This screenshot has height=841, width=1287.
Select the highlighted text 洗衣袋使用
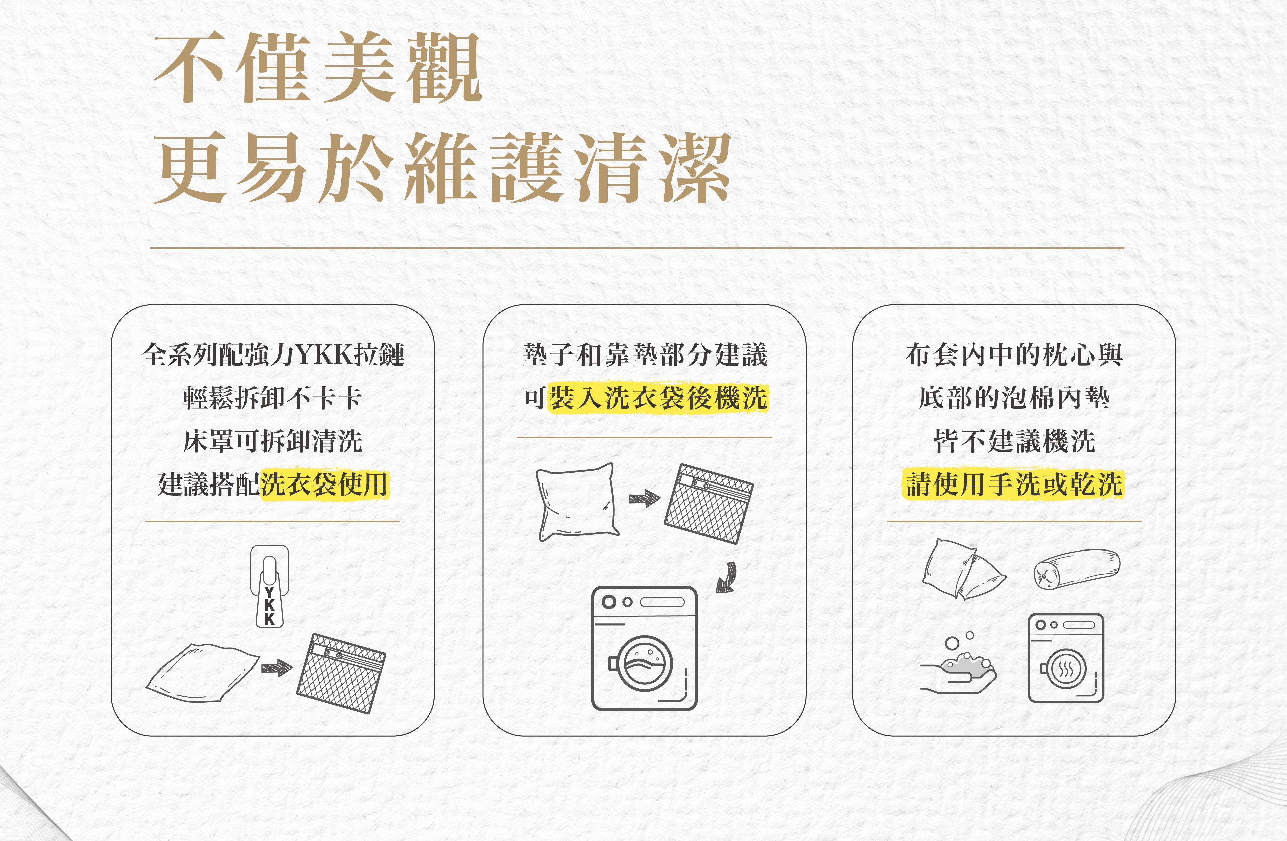click(x=324, y=484)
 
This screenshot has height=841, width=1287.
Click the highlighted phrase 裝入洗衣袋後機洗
click(x=658, y=398)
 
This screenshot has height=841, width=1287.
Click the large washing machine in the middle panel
click(x=645, y=648)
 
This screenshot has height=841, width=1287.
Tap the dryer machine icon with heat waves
click(x=1065, y=658)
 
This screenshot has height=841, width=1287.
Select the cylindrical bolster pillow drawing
click(x=1077, y=568)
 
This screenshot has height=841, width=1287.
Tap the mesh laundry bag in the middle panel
click(x=709, y=503)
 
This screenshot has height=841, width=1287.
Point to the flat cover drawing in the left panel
click(x=203, y=673)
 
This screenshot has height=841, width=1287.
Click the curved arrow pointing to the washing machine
click(x=727, y=577)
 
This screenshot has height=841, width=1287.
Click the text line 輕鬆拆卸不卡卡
click(x=272, y=398)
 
